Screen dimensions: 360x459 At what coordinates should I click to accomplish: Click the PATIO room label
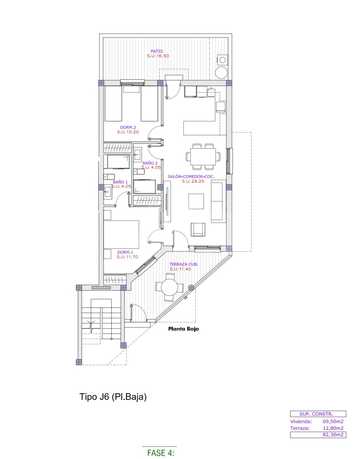coord(157,51)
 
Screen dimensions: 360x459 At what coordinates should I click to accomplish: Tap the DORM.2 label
coord(128,127)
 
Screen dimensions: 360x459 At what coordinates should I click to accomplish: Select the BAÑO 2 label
coord(150,163)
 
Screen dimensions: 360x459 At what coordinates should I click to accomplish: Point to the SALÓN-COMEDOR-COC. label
coord(191,177)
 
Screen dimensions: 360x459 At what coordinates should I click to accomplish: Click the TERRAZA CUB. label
coord(184,264)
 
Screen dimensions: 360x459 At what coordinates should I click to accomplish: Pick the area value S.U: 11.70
coord(128,257)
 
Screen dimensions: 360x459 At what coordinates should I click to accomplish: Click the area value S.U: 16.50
coord(158,56)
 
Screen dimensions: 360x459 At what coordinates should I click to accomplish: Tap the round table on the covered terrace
coord(169,287)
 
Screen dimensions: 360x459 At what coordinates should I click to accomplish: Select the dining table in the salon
coord(203,157)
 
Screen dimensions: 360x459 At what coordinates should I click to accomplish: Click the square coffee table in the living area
coord(196,201)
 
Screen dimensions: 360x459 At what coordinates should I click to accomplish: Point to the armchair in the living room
coord(198,229)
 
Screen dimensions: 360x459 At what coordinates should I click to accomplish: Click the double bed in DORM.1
coord(121,235)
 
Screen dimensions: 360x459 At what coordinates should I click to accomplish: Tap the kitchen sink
coord(211,92)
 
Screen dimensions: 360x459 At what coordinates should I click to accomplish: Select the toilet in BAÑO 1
coord(109,177)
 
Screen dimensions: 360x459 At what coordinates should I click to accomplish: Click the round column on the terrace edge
coord(191,287)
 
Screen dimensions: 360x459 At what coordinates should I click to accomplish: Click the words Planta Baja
coord(183,329)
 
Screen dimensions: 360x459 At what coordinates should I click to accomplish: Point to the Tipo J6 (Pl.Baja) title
coord(113,397)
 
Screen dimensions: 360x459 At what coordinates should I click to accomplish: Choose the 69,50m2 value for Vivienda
coord(333,422)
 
